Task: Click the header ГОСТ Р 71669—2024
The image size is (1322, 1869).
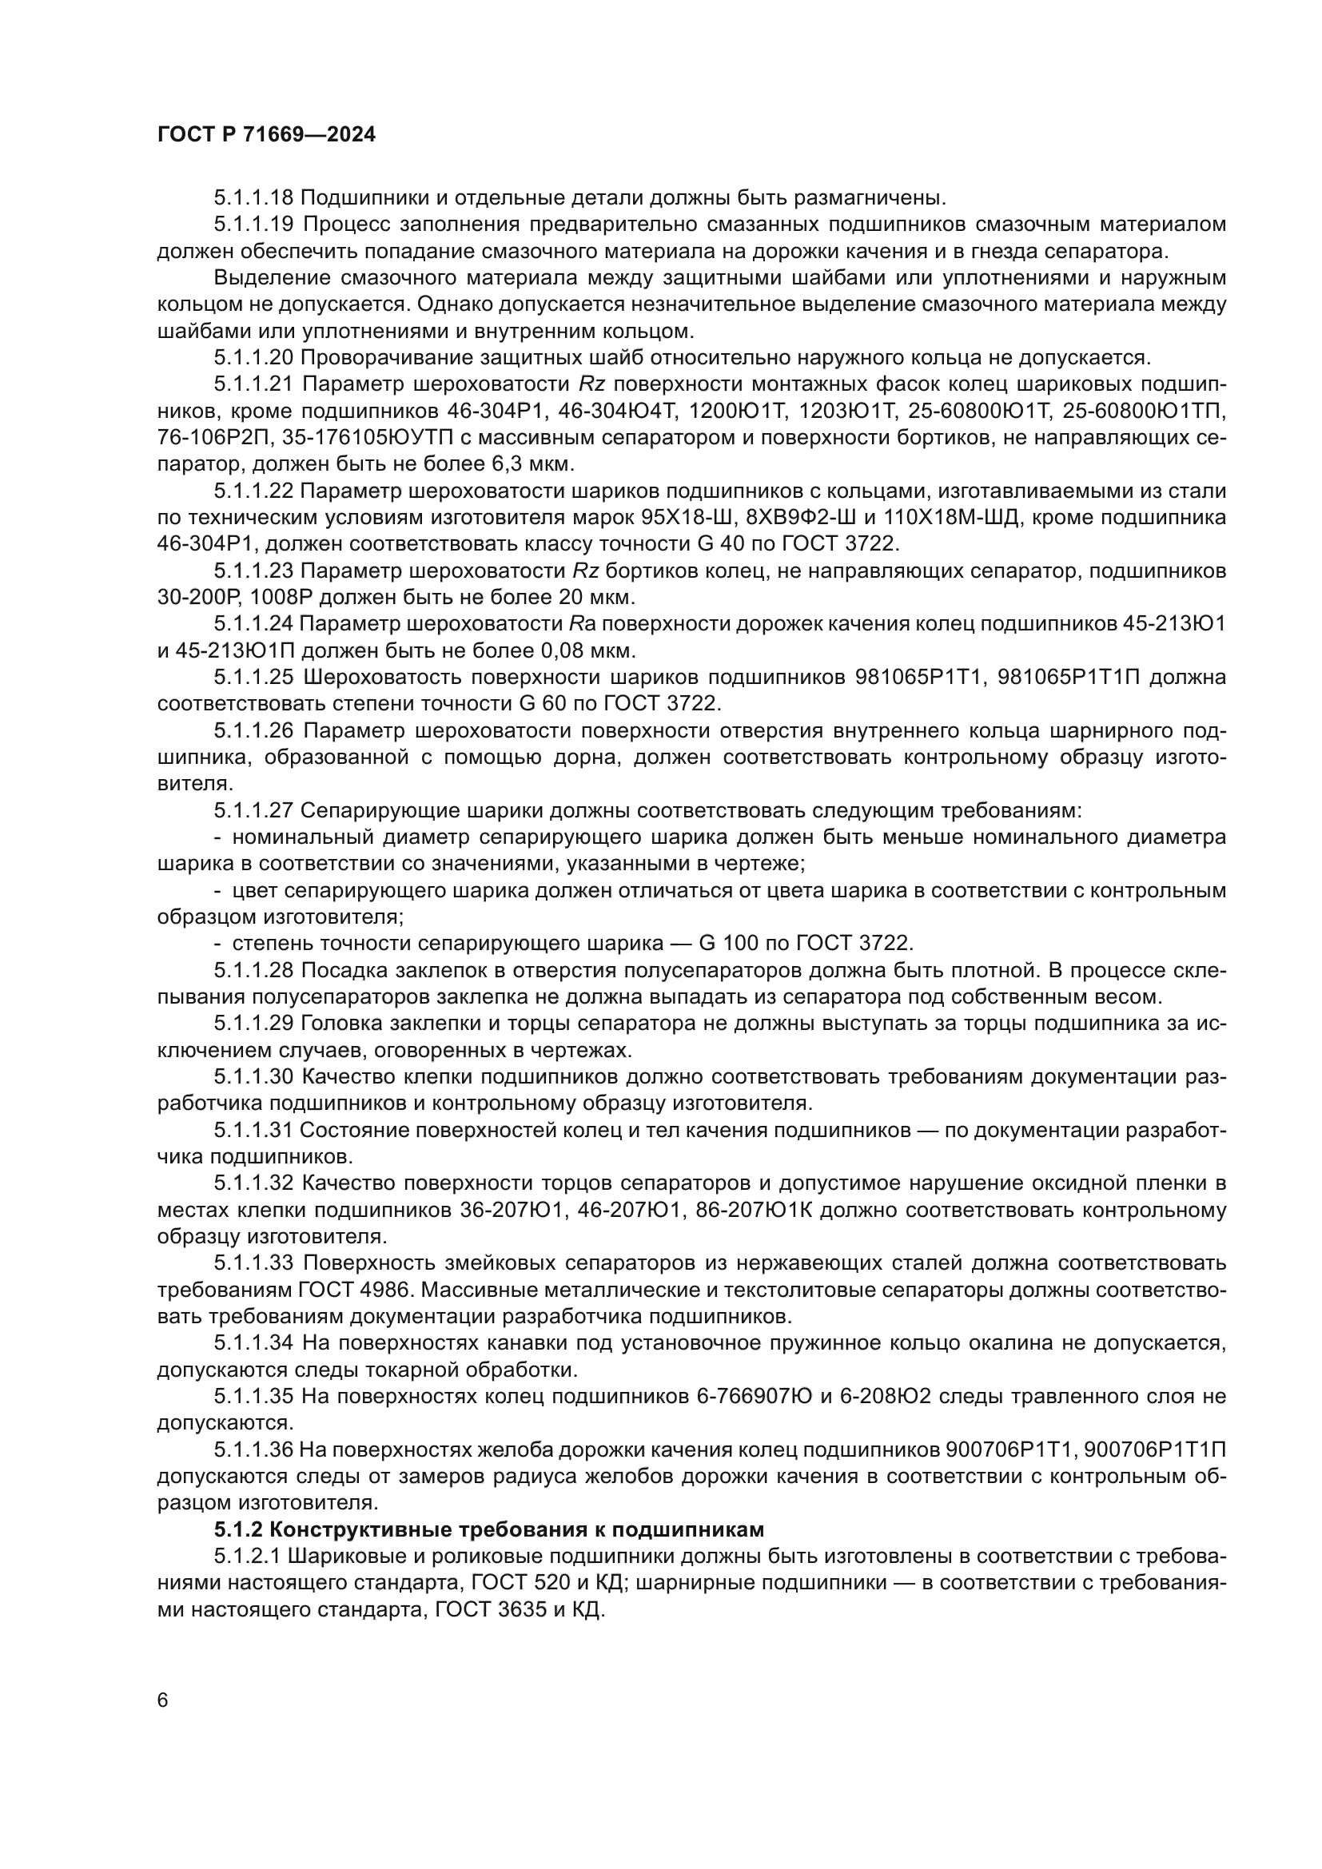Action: tap(266, 135)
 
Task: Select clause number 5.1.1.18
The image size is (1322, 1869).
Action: tap(254, 198)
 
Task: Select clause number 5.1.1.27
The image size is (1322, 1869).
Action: tap(254, 811)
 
